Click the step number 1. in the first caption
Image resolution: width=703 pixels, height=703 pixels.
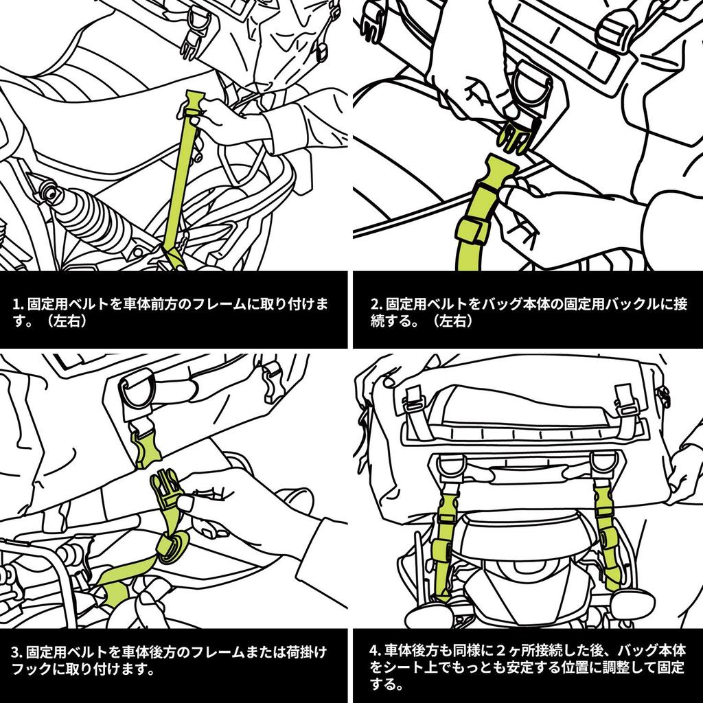(x=17, y=304)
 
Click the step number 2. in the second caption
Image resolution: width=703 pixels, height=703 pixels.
(x=377, y=304)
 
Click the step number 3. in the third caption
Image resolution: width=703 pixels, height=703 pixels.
(x=17, y=652)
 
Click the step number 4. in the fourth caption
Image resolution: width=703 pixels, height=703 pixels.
(x=376, y=651)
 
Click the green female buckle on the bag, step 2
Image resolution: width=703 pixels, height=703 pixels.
(x=514, y=135)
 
